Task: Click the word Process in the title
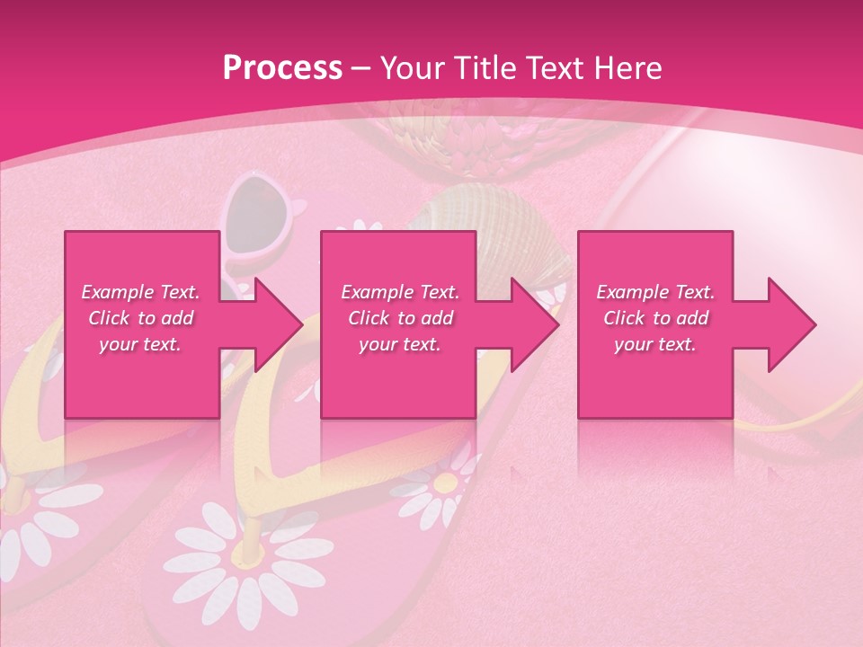pyautogui.click(x=282, y=67)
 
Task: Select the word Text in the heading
pyautogui.click(x=554, y=67)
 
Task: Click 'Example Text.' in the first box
pyautogui.click(x=140, y=292)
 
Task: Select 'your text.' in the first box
pyautogui.click(x=140, y=344)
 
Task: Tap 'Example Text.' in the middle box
pyautogui.click(x=400, y=292)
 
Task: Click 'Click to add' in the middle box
pyautogui.click(x=400, y=318)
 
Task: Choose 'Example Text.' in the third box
pyautogui.click(x=655, y=292)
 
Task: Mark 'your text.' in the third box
pyautogui.click(x=655, y=344)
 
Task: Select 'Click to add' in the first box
pyautogui.click(x=140, y=318)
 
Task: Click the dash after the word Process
pyautogui.click(x=360, y=68)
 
